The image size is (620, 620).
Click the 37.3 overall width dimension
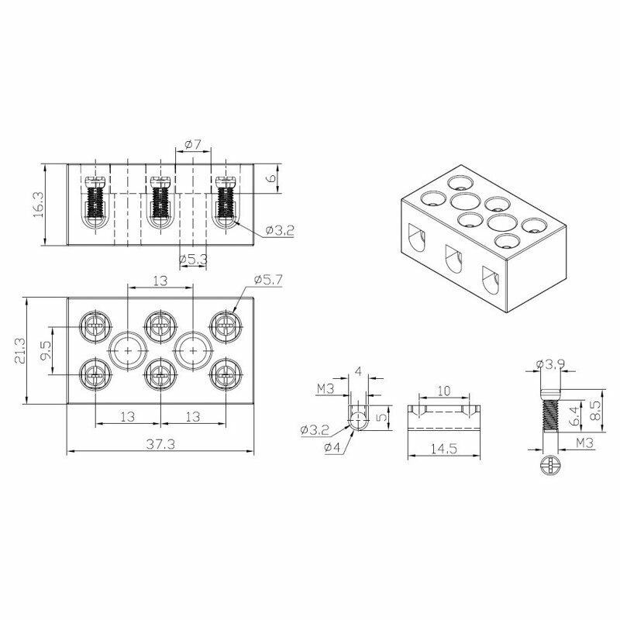160,444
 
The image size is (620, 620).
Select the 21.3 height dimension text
20,350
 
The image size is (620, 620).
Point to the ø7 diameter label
193,145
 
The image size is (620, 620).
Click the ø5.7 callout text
268,280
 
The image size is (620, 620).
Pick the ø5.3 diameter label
193,260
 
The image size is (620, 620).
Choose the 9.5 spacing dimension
46,350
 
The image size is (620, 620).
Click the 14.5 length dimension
443,449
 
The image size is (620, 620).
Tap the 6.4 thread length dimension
577,416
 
